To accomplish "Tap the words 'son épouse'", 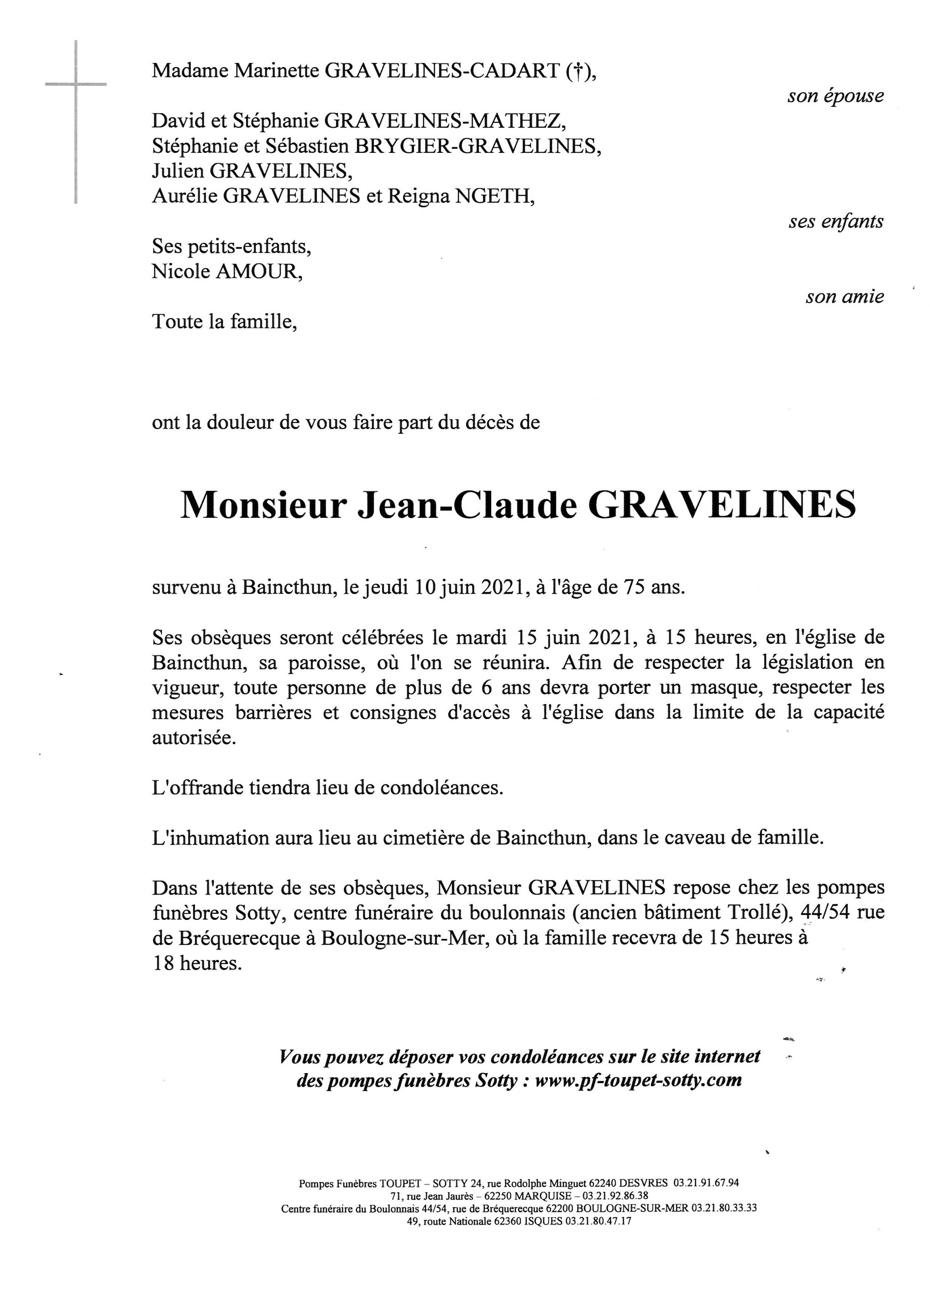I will pos(835,96).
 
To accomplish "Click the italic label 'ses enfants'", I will pos(835,221).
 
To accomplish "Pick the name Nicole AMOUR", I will pos(227,271).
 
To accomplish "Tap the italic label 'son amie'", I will pos(844,297).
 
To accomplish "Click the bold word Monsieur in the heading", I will pos(263,506).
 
